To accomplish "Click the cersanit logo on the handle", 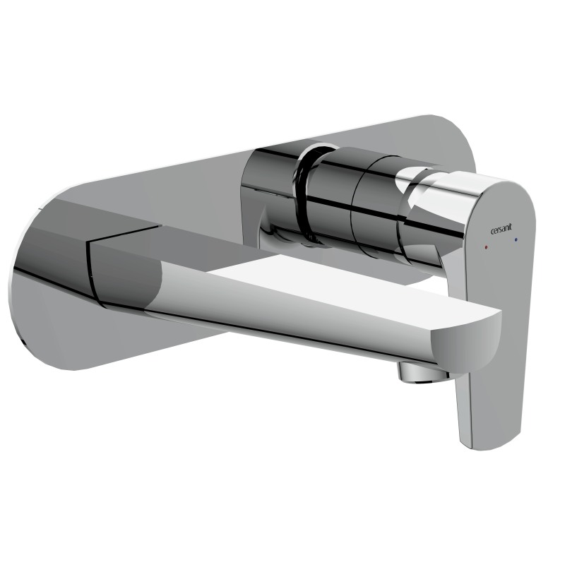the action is [501, 227].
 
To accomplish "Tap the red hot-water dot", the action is [487, 249].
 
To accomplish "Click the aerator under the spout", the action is [423, 373].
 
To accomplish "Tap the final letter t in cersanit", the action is [511, 226].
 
